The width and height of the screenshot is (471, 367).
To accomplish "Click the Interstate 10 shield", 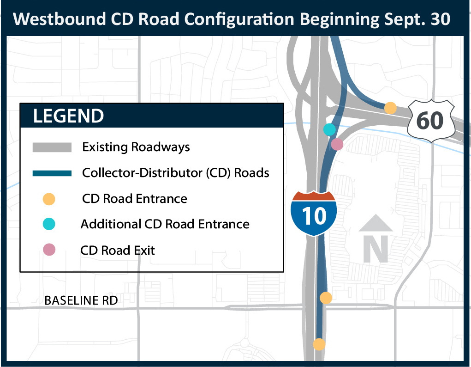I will [314, 213].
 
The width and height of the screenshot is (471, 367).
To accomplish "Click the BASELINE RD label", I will [81, 301].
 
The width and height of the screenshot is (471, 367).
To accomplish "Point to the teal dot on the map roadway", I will [329, 129].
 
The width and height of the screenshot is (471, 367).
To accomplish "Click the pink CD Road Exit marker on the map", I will [337, 144].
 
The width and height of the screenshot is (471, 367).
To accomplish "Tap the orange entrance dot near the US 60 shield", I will [390, 108].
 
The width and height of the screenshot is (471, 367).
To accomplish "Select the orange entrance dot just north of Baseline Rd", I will [326, 298].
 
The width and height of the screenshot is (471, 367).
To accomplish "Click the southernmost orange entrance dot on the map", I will [319, 344].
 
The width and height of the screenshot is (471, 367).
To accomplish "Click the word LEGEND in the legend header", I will [68, 116].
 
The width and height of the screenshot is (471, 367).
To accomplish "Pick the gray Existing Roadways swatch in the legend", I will [52, 147].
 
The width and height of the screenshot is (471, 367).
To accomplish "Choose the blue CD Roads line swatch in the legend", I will [52, 173].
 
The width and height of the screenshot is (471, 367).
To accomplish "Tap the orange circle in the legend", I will [48, 199].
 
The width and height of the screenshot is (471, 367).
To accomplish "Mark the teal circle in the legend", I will [48, 225].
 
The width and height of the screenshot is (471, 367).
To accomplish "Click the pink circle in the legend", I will [48, 250].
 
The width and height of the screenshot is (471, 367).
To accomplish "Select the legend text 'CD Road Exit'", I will [118, 251].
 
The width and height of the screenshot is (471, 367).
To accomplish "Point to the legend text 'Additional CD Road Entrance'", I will [165, 225].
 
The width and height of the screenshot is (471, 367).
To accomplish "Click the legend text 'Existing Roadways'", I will [136, 147].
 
